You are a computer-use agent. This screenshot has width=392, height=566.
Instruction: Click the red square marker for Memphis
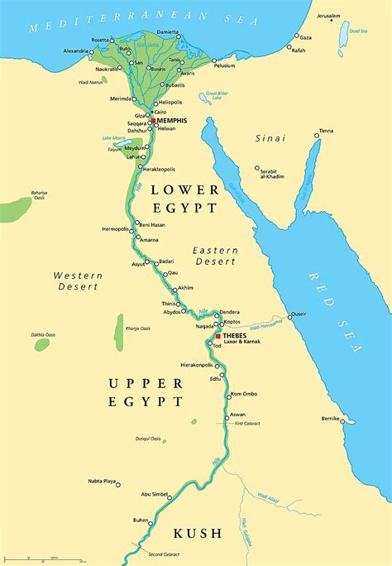(x=153, y=121)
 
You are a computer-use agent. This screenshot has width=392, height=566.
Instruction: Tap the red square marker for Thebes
(x=218, y=336)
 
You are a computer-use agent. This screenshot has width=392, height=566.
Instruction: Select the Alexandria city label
(x=79, y=50)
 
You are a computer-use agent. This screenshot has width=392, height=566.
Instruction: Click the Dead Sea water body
(x=343, y=32)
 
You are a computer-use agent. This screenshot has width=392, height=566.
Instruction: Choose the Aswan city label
(x=237, y=414)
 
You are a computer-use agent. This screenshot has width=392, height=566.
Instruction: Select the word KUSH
(x=195, y=535)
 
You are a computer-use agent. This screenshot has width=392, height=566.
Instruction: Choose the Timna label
(x=326, y=131)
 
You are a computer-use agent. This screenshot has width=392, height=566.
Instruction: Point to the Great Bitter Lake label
(x=218, y=97)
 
